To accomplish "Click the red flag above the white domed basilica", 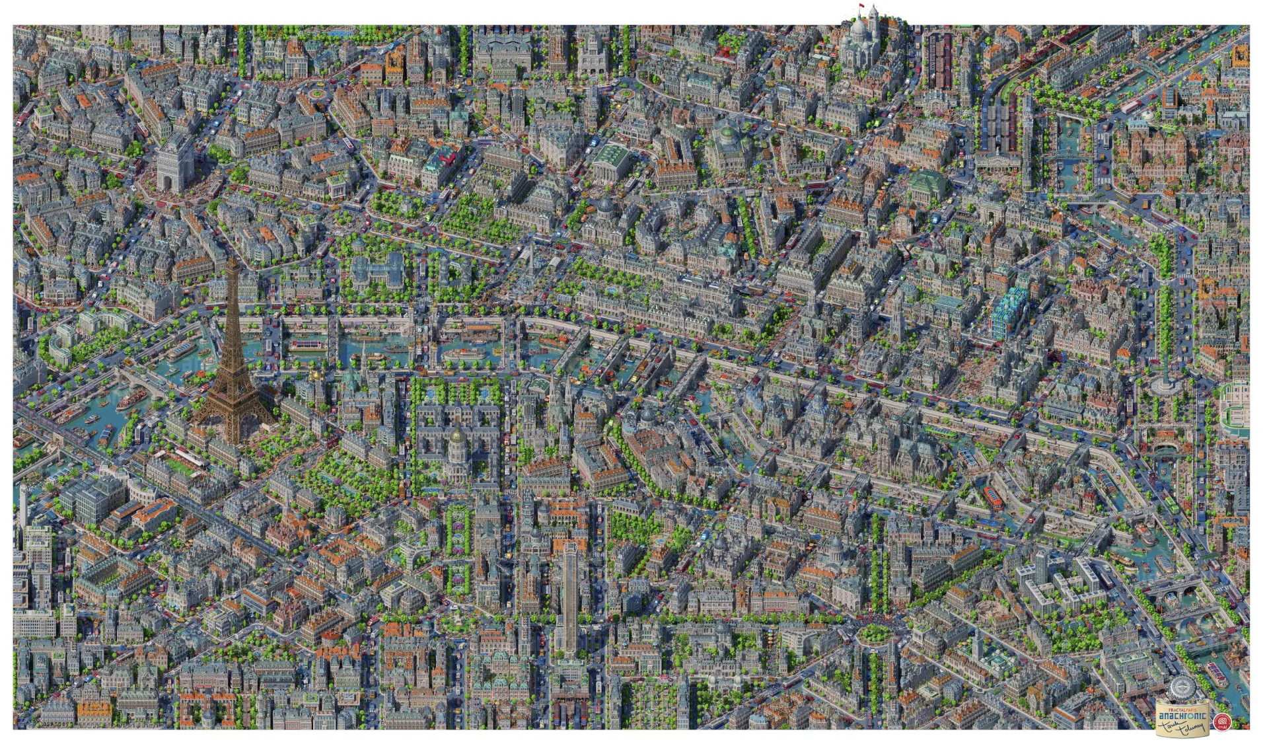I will pyautogui.click(x=861, y=7).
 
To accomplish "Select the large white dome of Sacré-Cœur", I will pyautogui.click(x=859, y=30).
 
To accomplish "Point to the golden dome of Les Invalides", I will pyautogui.click(x=456, y=436).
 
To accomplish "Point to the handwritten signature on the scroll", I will pyautogui.click(x=1182, y=726).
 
